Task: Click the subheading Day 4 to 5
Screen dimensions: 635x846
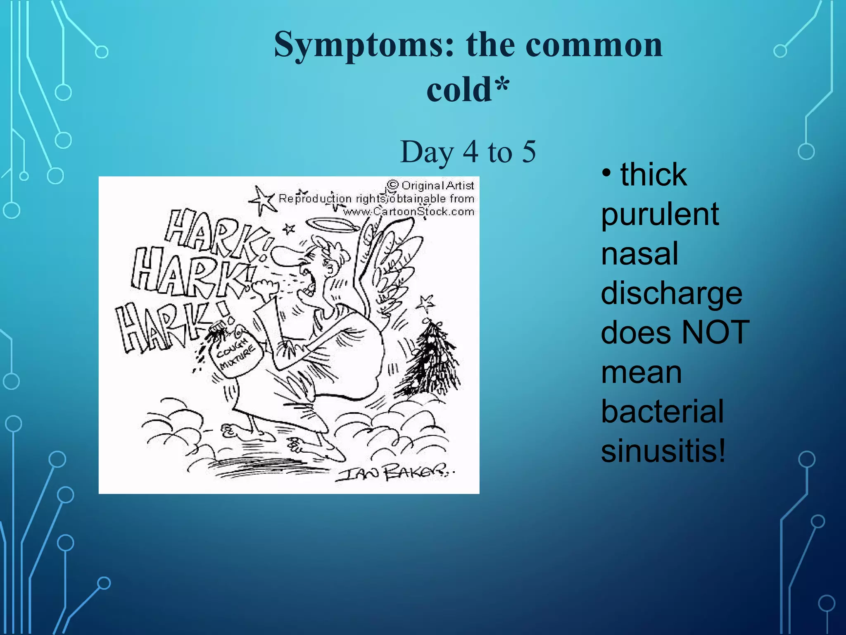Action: pyautogui.click(x=468, y=152)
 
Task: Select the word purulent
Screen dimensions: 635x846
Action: pyautogui.click(x=660, y=215)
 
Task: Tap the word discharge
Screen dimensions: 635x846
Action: pyautogui.click(x=671, y=294)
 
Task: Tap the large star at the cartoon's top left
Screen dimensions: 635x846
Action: pyautogui.click(x=261, y=201)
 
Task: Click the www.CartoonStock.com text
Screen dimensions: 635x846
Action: pyautogui.click(x=409, y=212)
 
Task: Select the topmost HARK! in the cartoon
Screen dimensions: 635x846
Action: pyautogui.click(x=215, y=234)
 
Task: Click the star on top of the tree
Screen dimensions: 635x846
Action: pyautogui.click(x=425, y=303)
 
